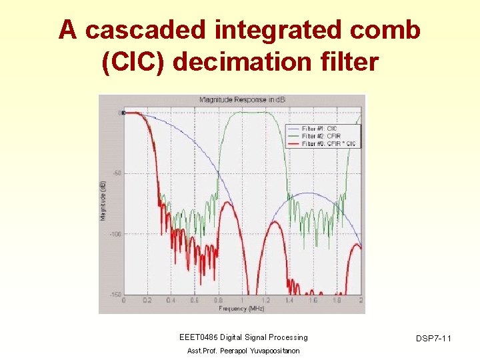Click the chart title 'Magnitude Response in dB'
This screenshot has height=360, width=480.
pyautogui.click(x=232, y=100)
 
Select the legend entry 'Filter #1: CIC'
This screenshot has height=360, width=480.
pyautogui.click(x=320, y=128)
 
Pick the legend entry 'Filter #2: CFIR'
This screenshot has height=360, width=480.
pyautogui.click(x=321, y=136)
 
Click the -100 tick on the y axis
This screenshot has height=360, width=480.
pyautogui.click(x=115, y=234)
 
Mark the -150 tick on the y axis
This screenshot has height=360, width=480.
pyautogui.click(x=115, y=295)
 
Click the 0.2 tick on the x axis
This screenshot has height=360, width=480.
pyautogui.click(x=147, y=301)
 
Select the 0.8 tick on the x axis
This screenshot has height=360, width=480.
pyautogui.click(x=218, y=301)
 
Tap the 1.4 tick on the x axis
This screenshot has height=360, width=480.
pyautogui.click(x=289, y=301)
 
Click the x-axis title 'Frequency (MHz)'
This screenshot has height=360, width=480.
pyautogui.click(x=241, y=308)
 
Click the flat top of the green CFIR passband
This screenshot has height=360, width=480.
pyautogui.click(x=253, y=113)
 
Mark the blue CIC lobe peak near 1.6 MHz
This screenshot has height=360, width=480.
pyautogui.click(x=309, y=193)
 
